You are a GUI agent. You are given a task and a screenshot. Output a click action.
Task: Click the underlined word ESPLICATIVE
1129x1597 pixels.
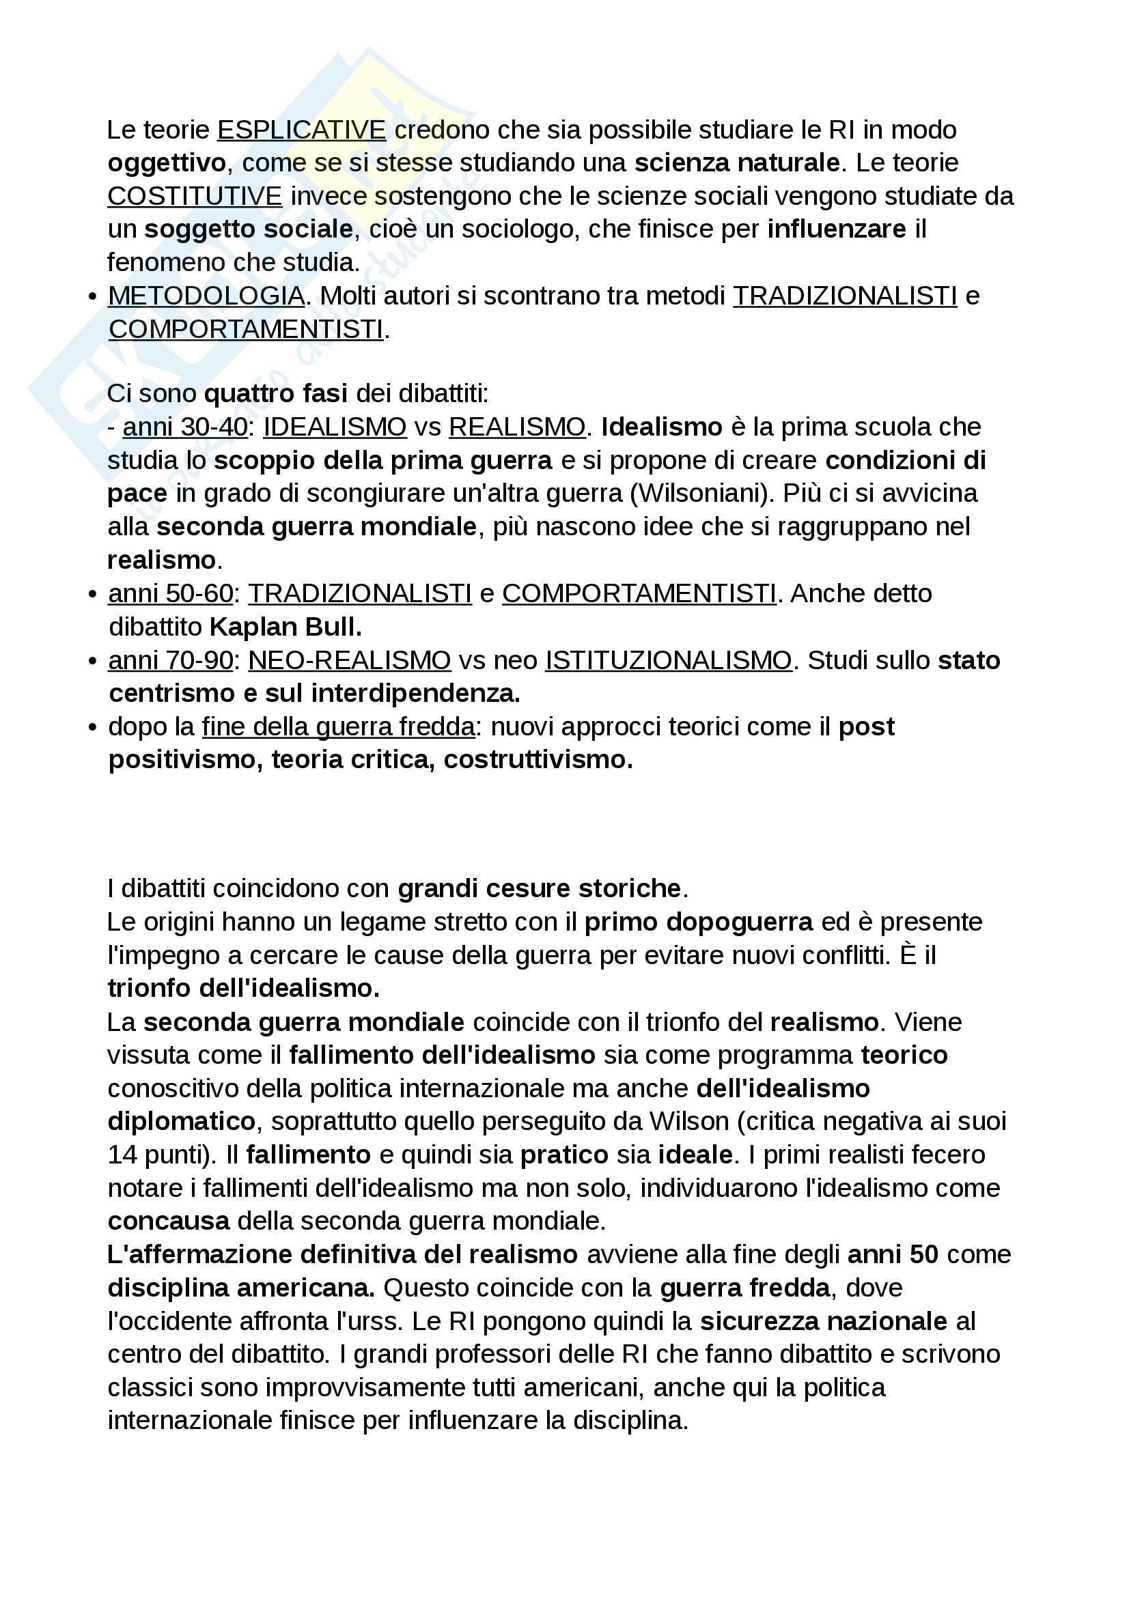(x=301, y=130)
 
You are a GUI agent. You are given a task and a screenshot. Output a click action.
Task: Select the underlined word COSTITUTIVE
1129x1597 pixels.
(x=195, y=196)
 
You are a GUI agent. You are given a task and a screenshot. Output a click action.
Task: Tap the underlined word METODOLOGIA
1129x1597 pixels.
(x=206, y=296)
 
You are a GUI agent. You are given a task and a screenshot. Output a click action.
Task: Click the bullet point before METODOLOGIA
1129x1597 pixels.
(x=92, y=297)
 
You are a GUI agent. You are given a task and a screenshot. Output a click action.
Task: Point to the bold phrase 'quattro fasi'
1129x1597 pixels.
(x=275, y=394)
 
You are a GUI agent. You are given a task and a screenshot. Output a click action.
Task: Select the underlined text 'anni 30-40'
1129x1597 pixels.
(x=185, y=427)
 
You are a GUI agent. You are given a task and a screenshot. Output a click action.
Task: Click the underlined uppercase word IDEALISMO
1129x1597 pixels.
(x=335, y=427)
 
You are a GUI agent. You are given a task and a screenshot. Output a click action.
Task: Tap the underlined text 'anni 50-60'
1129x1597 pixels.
(x=171, y=593)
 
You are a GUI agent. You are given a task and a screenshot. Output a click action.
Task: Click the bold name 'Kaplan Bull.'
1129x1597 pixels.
(x=286, y=627)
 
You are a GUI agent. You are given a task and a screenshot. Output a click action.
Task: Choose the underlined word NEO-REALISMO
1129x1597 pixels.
(x=349, y=660)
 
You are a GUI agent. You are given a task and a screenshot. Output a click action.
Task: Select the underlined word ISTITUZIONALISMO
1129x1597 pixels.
(x=669, y=660)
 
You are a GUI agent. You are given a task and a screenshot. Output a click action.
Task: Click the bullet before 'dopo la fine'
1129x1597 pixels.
(x=92, y=728)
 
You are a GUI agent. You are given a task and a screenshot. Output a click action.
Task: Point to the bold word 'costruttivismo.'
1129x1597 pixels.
(x=538, y=759)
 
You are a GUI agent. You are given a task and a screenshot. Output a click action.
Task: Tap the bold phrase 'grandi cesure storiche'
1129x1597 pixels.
(x=539, y=889)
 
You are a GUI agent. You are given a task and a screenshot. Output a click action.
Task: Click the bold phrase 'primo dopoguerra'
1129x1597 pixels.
(x=699, y=922)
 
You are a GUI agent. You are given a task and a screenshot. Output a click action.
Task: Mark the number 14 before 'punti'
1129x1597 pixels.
(x=122, y=1155)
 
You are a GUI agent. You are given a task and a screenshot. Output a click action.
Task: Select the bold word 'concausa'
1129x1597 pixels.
(x=169, y=1221)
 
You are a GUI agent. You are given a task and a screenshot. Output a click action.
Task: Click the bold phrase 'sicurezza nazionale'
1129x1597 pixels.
(x=824, y=1322)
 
